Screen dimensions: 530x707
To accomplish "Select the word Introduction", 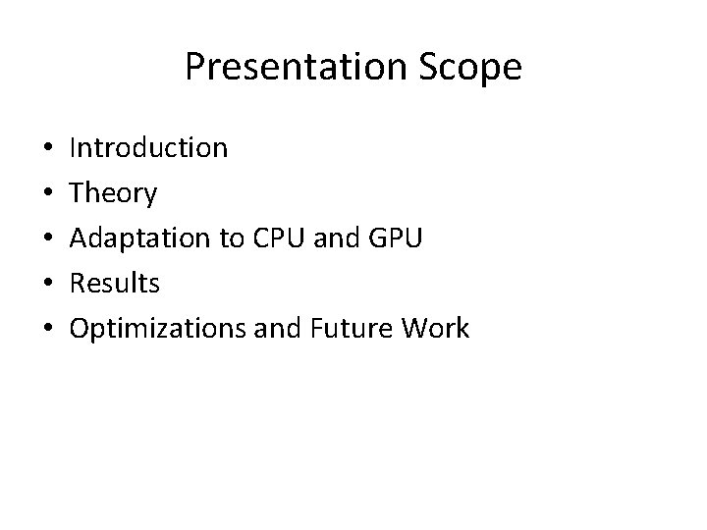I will coord(148,148).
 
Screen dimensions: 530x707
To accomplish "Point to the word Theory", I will coord(113,194).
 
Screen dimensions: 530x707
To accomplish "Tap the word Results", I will coord(114,284).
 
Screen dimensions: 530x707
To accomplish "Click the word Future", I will coord(350,329).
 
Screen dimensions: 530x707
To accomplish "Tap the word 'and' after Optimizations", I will coord(279,329).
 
